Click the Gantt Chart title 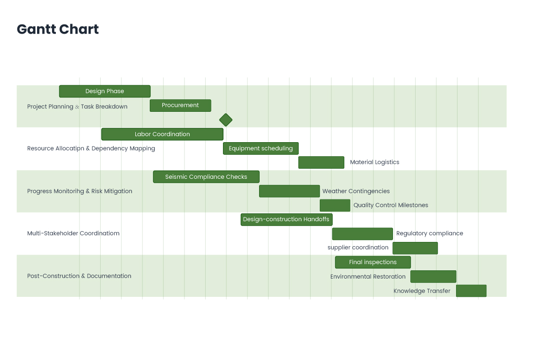(x=58, y=29)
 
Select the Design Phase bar (x=105, y=91)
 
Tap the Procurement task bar (x=180, y=105)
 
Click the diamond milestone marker (x=225, y=120)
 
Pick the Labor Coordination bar (x=162, y=134)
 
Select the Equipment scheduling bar (x=261, y=148)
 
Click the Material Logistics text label (x=374, y=162)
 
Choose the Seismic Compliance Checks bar (x=206, y=177)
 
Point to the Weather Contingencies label (x=356, y=191)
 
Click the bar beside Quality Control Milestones (x=335, y=205)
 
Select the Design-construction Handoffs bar (x=286, y=219)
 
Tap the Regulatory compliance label (x=429, y=233)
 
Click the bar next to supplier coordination (x=415, y=248)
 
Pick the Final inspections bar (x=373, y=262)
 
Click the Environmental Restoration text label (x=368, y=277)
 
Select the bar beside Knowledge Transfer (x=471, y=291)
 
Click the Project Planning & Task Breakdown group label (x=77, y=107)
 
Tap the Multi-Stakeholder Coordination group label (x=73, y=233)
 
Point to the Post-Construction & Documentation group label (x=79, y=276)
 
